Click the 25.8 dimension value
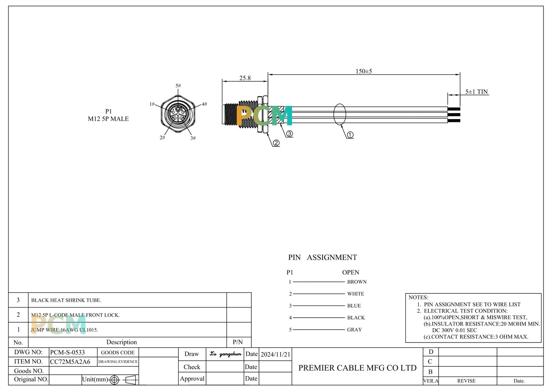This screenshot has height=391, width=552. pyautogui.click(x=245, y=78)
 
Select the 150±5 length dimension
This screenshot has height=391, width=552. pyautogui.click(x=364, y=71)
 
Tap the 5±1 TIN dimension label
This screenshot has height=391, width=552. pyautogui.click(x=476, y=92)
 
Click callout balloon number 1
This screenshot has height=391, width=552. pyautogui.click(x=350, y=135)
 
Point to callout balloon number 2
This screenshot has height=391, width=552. pyautogui.click(x=276, y=143)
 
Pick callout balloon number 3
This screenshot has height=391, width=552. pyautogui.click(x=289, y=133)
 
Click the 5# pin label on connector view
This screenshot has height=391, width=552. pyautogui.click(x=178, y=86)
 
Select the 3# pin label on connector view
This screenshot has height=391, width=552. pyautogui.click(x=193, y=138)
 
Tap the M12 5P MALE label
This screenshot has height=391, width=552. pyautogui.click(x=108, y=118)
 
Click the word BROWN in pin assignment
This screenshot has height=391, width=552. pyautogui.click(x=357, y=282)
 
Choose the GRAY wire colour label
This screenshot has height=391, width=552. pyautogui.click(x=354, y=330)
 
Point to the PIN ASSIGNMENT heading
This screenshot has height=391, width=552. pyautogui.click(x=322, y=257)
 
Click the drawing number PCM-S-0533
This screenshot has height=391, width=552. pyautogui.click(x=68, y=352)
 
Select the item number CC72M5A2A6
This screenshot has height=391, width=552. pyautogui.click(x=70, y=362)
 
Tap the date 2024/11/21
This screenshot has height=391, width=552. pyautogui.click(x=275, y=354)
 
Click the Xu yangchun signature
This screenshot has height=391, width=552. pyautogui.click(x=226, y=354)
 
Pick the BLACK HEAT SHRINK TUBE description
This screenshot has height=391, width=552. pyautogui.click(x=66, y=300)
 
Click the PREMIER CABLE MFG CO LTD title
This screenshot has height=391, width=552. pyautogui.click(x=357, y=368)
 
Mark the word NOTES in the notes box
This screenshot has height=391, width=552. pyautogui.click(x=418, y=297)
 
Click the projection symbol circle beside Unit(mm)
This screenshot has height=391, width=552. pyautogui.click(x=114, y=380)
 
